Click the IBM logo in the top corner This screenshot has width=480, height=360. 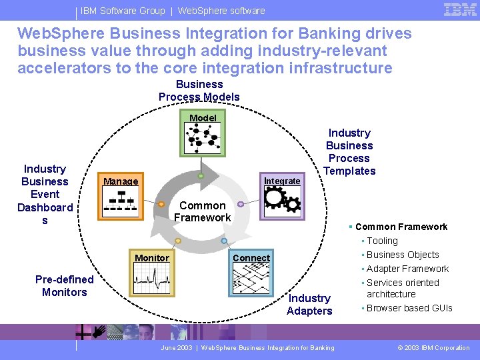pos(459,10)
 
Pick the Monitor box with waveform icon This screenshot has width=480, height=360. pos(153,274)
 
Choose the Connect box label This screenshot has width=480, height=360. pos(251,258)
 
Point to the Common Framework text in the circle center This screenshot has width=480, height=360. pos(202,211)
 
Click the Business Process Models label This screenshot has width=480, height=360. pos(199,91)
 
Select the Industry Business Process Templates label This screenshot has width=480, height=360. pos(349,152)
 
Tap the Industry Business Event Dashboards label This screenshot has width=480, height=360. pos(45,194)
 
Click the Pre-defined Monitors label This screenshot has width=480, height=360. pos(64,285)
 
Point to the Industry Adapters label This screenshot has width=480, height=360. pos(309,304)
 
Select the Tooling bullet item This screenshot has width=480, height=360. pos(382,241)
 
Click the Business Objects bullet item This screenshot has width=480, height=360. pos(403,255)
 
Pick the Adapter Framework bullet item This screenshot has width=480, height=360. pos(407,269)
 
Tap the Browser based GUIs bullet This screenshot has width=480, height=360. pos(409,308)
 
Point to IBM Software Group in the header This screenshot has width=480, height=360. pos(122,11)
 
